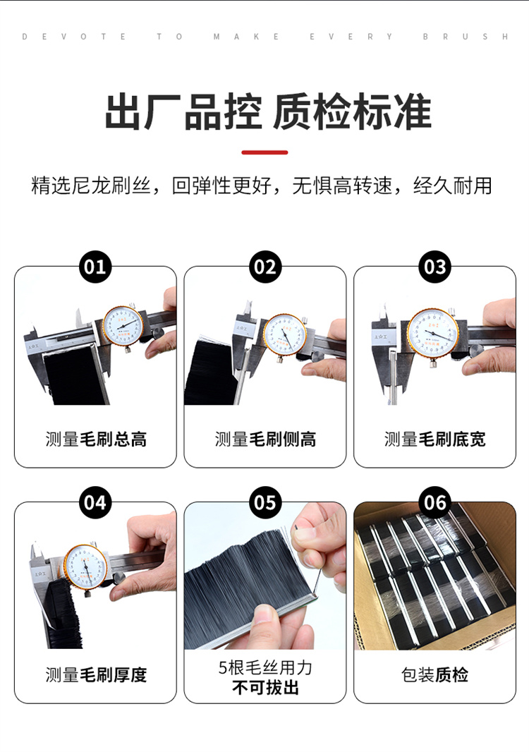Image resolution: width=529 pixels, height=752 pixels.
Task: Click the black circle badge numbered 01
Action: [95, 267]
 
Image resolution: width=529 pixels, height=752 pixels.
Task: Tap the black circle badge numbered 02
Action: [264, 267]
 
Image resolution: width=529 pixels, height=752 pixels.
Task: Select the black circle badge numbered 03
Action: [434, 267]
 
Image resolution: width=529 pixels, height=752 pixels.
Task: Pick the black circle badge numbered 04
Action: [95, 502]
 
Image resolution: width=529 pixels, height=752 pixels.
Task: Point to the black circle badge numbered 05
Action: [264, 502]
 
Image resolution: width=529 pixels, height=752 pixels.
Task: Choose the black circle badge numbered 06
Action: [434, 502]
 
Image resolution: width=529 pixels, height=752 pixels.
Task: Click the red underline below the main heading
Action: [264, 152]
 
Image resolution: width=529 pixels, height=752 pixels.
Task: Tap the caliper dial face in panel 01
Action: [123, 325]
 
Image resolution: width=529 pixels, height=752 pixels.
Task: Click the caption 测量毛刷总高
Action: [96, 439]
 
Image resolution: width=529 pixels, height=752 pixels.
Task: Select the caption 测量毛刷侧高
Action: [265, 439]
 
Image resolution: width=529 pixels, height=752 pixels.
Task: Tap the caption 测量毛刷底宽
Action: [434, 439]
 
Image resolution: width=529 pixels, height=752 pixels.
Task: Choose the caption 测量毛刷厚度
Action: [96, 675]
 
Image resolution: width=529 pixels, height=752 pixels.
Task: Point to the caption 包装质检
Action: [434, 675]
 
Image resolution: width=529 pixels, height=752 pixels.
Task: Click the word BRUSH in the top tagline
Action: [466, 37]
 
